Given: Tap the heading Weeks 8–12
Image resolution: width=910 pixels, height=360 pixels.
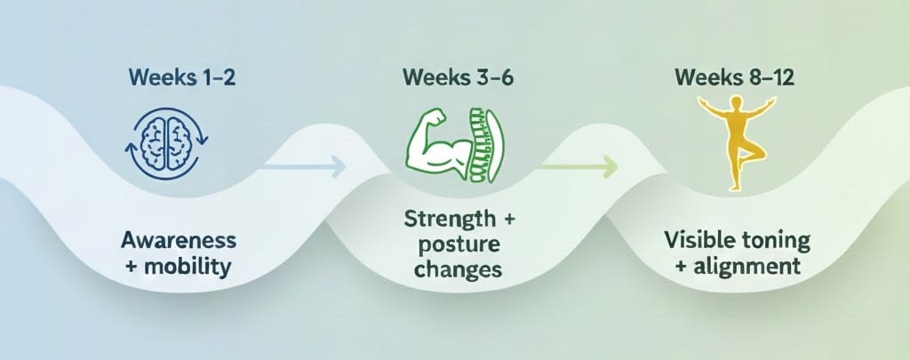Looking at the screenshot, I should tap(734, 77).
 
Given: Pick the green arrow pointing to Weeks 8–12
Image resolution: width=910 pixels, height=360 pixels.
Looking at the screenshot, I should tap(579, 164).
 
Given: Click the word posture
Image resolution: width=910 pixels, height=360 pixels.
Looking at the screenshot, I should tap(455, 244).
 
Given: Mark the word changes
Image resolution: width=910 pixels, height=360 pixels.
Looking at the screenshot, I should tap(455, 268).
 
